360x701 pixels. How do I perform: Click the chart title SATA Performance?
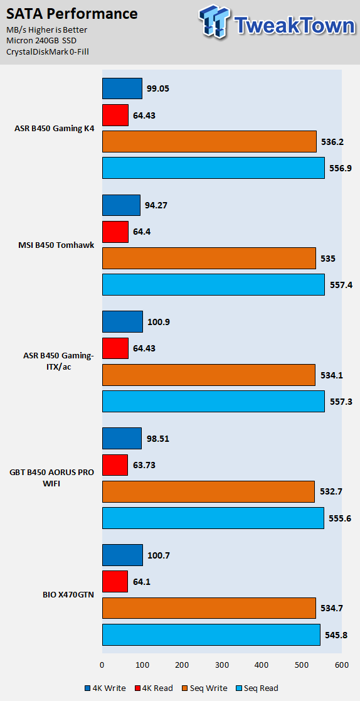point(72,14)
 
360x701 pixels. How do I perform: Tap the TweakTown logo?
point(277,23)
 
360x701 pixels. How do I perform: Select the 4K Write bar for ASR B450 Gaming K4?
point(122,88)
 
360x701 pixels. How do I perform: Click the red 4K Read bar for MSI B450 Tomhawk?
point(115,232)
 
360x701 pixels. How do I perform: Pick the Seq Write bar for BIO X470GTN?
point(209,608)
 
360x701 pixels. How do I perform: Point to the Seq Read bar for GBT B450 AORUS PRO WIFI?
point(213,518)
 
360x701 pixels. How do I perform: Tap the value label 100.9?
point(157,321)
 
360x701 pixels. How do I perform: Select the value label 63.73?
point(144,465)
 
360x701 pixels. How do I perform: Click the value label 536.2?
point(331,142)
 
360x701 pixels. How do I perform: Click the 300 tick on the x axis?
point(222,665)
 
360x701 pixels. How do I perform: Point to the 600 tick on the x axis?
point(342,665)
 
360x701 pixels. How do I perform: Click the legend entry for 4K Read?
point(154,688)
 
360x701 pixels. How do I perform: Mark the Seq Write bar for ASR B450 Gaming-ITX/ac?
point(209,375)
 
